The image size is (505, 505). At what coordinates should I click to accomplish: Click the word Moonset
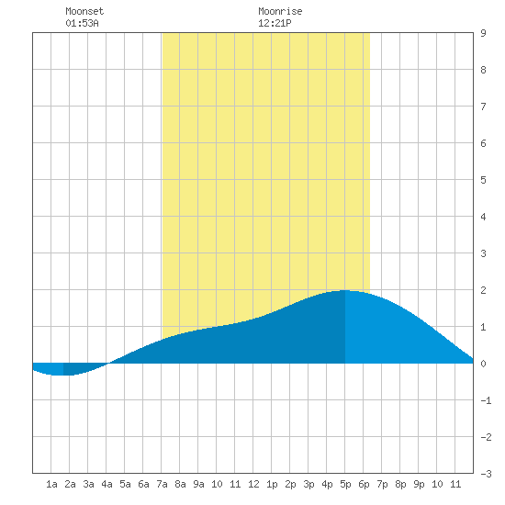84,11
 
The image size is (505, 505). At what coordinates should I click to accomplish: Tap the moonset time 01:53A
82,23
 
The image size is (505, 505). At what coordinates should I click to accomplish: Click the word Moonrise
280,11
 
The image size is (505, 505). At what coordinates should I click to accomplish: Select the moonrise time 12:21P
275,23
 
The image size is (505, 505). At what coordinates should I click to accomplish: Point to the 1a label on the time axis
51,484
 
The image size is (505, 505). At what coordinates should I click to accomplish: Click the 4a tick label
107,484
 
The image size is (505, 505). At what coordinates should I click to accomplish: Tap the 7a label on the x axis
162,484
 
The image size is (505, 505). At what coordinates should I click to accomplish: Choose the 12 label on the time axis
253,484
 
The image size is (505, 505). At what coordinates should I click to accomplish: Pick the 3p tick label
309,484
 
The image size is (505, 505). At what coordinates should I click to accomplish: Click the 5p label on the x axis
345,484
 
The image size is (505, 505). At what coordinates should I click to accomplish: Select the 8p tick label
400,484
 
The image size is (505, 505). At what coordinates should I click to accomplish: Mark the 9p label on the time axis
419,484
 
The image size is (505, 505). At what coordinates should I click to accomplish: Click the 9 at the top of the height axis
483,33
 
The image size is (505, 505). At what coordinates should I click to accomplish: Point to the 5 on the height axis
483,180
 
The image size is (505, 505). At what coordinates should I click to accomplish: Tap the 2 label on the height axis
483,290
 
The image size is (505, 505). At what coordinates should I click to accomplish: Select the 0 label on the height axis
483,364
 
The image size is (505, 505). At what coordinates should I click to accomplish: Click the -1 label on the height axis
486,400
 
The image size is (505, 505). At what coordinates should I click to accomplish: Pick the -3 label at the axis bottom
486,474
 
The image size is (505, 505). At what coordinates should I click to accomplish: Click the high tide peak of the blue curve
344,290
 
